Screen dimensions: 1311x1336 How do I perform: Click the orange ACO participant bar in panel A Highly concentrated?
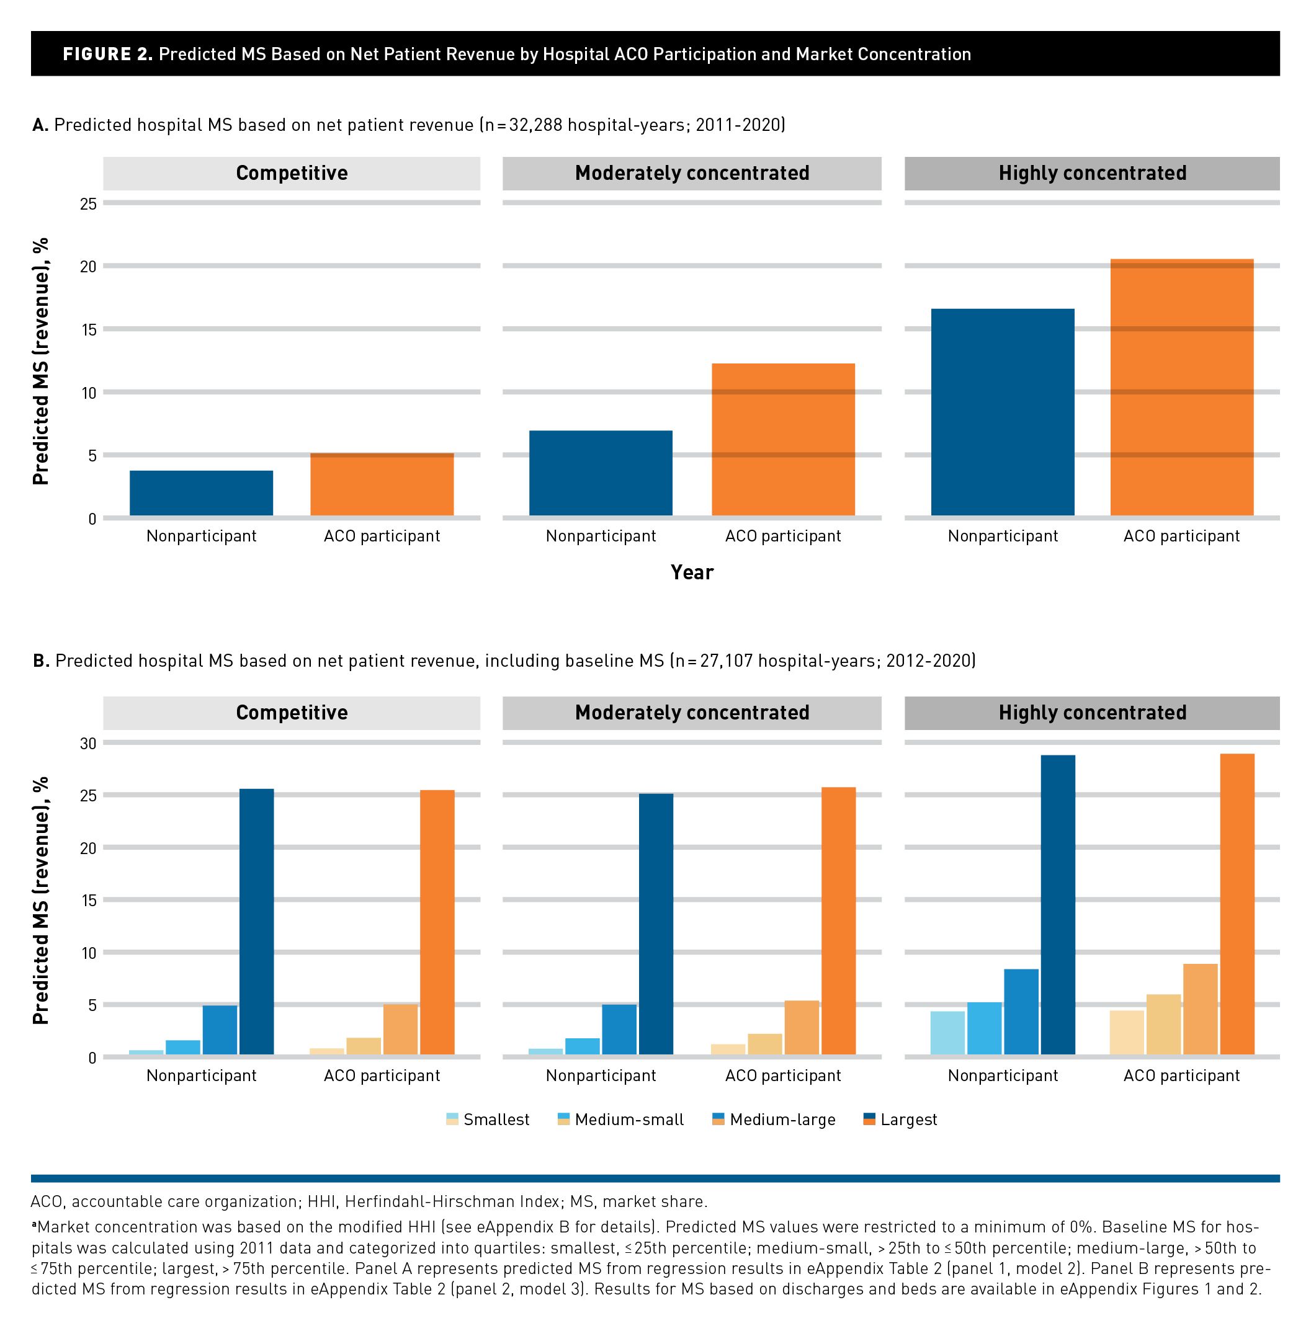[1181, 388]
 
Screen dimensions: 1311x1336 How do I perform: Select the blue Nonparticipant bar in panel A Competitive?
[201, 493]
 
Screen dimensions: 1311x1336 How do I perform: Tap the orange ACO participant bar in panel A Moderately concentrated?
[783, 439]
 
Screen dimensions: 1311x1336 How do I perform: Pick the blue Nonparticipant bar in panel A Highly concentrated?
[1003, 412]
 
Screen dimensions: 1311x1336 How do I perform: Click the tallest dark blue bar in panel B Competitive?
[256, 922]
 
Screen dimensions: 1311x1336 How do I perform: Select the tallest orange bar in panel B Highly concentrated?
[1237, 904]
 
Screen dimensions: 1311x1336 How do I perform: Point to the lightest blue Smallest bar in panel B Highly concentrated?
[947, 1033]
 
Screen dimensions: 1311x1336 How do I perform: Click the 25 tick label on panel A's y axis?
[88, 203]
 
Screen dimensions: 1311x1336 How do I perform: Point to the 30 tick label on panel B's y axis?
[88, 744]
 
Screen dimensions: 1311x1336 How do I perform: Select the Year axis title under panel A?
[692, 572]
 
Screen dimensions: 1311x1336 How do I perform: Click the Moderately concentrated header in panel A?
[692, 173]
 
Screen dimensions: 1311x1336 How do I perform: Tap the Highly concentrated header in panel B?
[1092, 713]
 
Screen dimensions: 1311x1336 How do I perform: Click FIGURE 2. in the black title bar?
[107, 55]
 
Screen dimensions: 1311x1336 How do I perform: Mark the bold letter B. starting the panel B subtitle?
[42, 661]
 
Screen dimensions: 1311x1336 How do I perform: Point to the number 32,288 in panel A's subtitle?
[535, 125]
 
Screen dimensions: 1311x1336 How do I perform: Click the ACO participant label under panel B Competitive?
[382, 1076]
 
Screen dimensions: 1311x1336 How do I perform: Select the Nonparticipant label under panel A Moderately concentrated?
[601, 536]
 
